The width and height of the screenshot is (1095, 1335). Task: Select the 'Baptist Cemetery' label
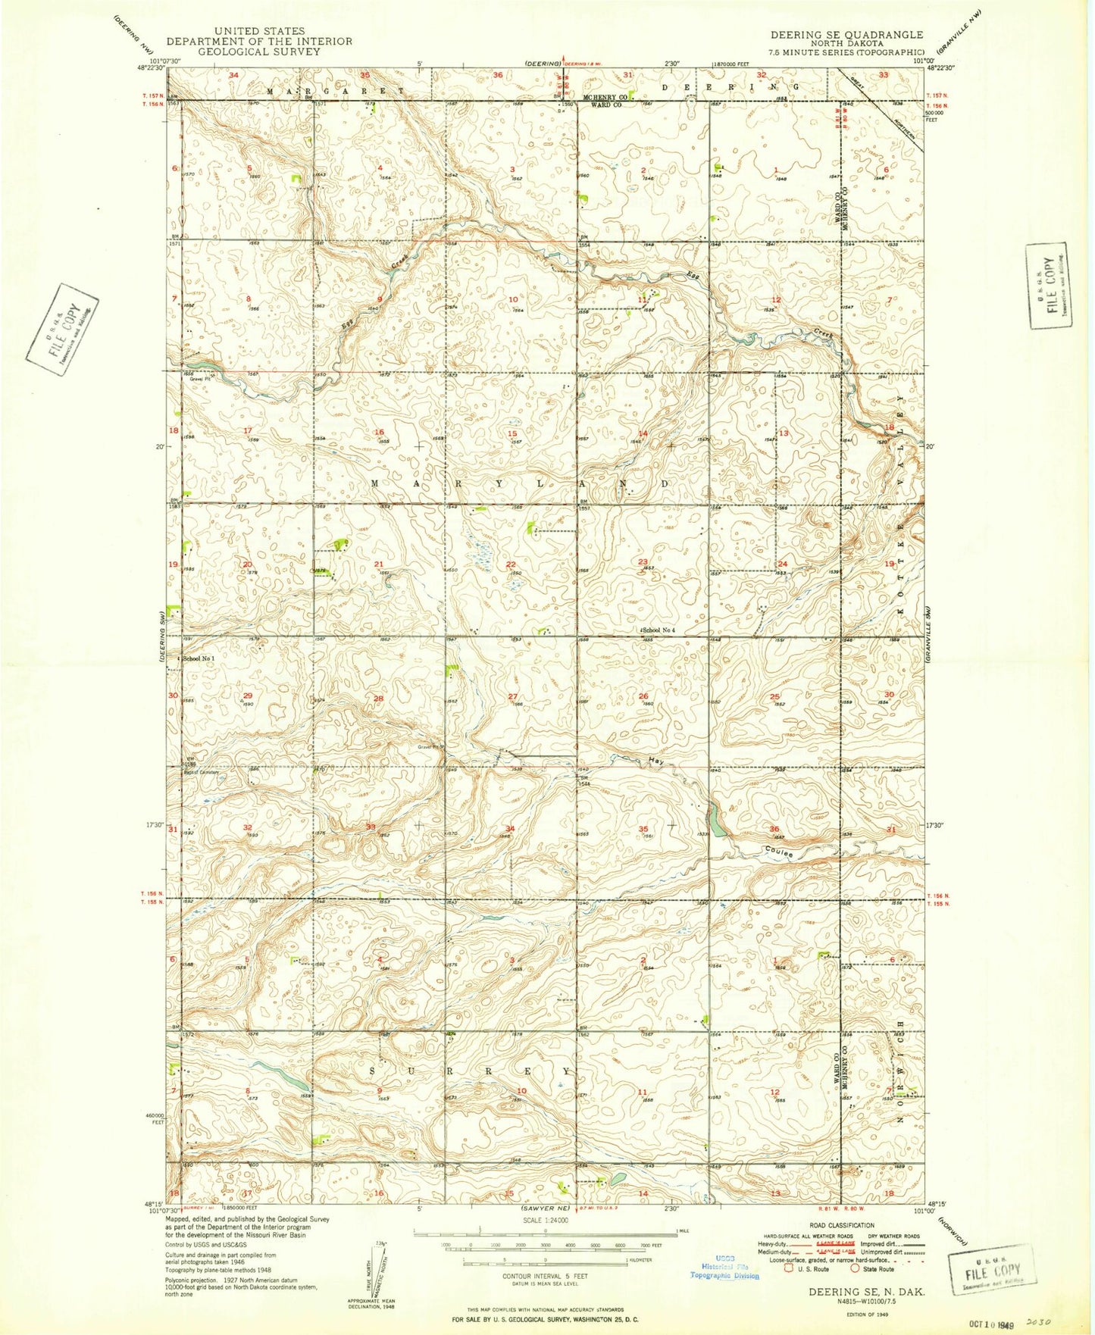pos(199,772)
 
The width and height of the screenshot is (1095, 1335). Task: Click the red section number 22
pos(511,564)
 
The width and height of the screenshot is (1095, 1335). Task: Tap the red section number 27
pos(512,696)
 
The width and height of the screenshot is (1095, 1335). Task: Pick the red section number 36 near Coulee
pos(774,830)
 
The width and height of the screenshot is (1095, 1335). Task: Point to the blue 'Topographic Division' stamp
pos(724,1275)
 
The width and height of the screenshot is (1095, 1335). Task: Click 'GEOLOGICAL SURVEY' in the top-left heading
pos(259,52)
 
